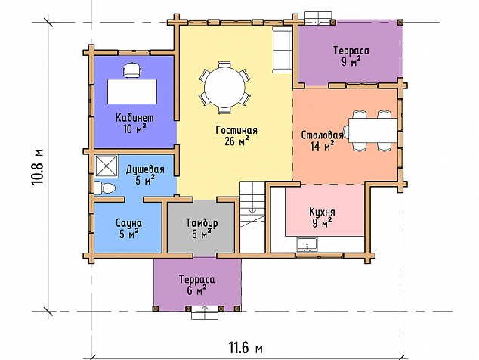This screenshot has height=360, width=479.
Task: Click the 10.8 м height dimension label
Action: [x=38, y=166]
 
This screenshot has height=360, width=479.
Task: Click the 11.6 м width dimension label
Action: [x=246, y=348]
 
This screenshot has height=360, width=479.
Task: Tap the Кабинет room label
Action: [x=134, y=118]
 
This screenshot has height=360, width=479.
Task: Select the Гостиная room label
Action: [x=236, y=130]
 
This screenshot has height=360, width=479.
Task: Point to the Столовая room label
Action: [x=322, y=135]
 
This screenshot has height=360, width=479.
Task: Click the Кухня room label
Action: [x=322, y=212]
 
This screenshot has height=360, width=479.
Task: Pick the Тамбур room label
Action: [x=202, y=223]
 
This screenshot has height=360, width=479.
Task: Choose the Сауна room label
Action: [x=128, y=223]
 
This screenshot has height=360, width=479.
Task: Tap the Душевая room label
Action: [x=145, y=169]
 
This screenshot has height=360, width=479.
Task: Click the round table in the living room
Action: [x=224, y=87]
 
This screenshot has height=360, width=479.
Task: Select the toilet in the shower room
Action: [x=104, y=188]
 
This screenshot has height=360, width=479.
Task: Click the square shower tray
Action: [x=107, y=166]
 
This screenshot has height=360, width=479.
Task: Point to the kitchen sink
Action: [x=307, y=245]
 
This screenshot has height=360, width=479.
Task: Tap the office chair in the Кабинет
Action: [x=132, y=70]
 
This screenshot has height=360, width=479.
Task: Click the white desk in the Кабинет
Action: [x=132, y=92]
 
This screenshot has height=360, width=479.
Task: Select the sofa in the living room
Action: [x=283, y=50]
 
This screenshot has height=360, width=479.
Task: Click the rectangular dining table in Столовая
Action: [x=373, y=131]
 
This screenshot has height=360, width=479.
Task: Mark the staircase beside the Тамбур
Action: [x=252, y=217]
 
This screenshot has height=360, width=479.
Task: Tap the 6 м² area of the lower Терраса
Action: [x=197, y=290]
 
